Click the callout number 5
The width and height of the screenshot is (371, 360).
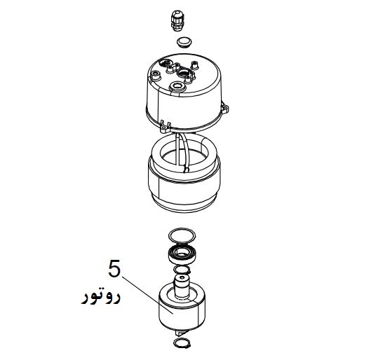[114, 269]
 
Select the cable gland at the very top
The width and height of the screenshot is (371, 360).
[177, 20]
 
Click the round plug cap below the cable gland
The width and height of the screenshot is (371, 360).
[184, 43]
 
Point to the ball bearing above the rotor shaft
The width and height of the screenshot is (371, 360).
[182, 254]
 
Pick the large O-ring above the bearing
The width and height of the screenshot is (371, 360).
[182, 235]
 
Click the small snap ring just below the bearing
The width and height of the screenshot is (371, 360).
[182, 269]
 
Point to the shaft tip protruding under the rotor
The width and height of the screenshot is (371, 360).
[180, 333]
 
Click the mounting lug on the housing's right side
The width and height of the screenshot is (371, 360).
[225, 108]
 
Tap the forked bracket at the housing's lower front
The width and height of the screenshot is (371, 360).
[165, 126]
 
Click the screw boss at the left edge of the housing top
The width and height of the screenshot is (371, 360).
[155, 76]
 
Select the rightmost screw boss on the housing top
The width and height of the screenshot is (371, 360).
[194, 64]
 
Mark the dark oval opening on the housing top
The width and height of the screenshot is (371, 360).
[164, 62]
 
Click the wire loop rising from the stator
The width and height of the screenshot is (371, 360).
[182, 151]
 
